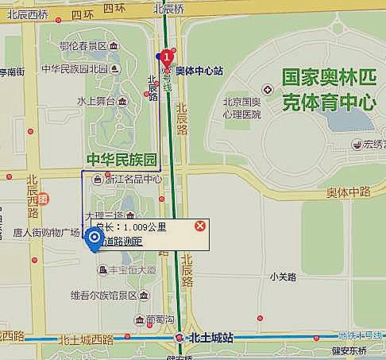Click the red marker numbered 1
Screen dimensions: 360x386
(167, 56)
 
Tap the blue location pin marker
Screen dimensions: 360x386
(95, 238)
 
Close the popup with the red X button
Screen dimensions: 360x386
(200, 226)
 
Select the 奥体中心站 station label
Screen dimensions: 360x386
(199, 71)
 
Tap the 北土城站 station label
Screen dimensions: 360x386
(210, 338)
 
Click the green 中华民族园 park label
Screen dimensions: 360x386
(122, 159)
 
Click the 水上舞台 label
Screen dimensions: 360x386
(97, 102)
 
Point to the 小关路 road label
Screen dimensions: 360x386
(282, 277)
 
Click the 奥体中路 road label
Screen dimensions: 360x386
(349, 192)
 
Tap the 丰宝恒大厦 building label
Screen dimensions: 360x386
(132, 270)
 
